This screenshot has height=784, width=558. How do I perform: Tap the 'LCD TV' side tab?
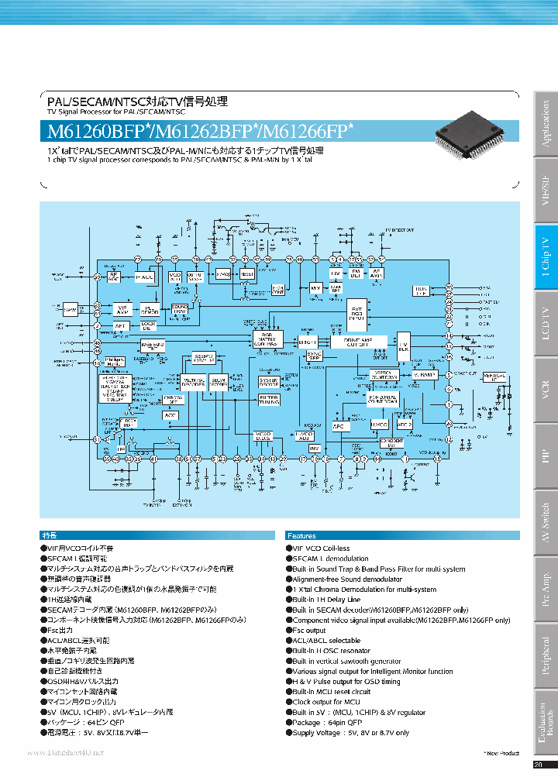pyautogui.click(x=546, y=322)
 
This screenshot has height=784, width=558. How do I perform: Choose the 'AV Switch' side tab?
pyautogui.click(x=546, y=521)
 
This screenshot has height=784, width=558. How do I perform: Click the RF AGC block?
pyautogui.click(x=113, y=276)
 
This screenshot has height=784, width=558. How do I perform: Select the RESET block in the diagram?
pyautogui.click(x=246, y=274)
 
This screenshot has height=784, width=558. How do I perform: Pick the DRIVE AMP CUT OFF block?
pyautogui.click(x=357, y=341)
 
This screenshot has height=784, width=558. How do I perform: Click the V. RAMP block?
pyautogui.click(x=425, y=374)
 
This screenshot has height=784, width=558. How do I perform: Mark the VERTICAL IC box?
pyautogui.click(x=496, y=377)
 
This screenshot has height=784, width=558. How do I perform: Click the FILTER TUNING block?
pyautogui.click(x=269, y=401)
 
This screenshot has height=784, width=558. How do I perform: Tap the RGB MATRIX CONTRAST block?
pyautogui.click(x=265, y=341)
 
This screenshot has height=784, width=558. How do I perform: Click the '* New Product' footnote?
pyautogui.click(x=503, y=752)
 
